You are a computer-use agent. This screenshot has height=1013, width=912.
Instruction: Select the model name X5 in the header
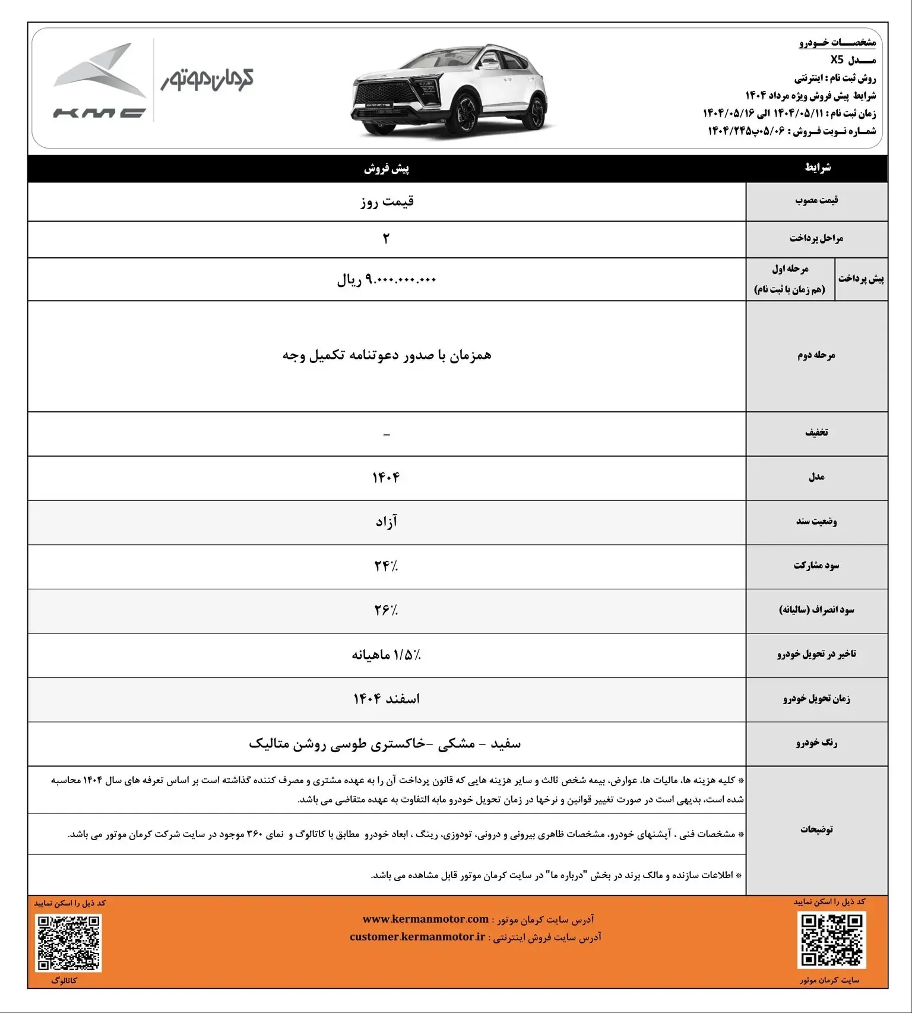tap(837, 60)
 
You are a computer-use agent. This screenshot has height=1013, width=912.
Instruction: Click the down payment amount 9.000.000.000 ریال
tap(387, 279)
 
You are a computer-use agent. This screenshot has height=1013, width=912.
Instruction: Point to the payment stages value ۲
tap(387, 239)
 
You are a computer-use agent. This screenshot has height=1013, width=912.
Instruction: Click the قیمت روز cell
tap(387, 201)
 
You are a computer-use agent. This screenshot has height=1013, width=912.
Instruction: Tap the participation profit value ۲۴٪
tap(386, 566)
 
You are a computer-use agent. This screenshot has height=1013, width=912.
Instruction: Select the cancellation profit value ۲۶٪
tap(386, 610)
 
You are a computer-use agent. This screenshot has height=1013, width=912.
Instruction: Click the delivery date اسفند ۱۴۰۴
tap(387, 699)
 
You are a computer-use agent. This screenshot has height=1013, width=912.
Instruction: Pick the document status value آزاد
tap(387, 522)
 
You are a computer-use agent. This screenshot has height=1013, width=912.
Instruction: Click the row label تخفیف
tap(816, 433)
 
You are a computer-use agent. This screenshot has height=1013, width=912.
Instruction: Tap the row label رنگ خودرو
tap(816, 743)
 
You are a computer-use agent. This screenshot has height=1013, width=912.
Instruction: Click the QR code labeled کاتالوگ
tap(69, 943)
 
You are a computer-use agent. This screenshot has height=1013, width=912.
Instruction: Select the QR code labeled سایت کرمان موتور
tap(831, 940)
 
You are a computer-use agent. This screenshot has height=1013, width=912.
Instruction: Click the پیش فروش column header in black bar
tap(387, 169)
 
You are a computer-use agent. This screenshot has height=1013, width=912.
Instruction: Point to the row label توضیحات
tap(816, 829)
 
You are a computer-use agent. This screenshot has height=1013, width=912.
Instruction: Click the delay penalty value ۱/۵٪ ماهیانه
tap(387, 655)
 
